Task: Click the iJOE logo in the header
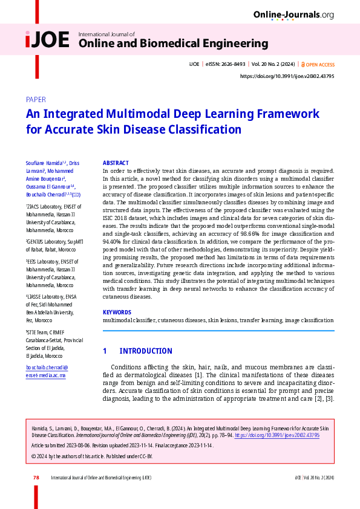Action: (47, 40)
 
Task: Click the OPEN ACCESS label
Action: (319, 64)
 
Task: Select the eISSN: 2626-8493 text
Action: (225, 64)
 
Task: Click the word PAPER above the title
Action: (36, 99)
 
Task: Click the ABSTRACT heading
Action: (116, 163)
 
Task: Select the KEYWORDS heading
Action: (117, 312)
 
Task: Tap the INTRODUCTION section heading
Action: (146, 351)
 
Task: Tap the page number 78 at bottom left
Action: (36, 478)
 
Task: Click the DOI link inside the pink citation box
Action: (277, 435)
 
